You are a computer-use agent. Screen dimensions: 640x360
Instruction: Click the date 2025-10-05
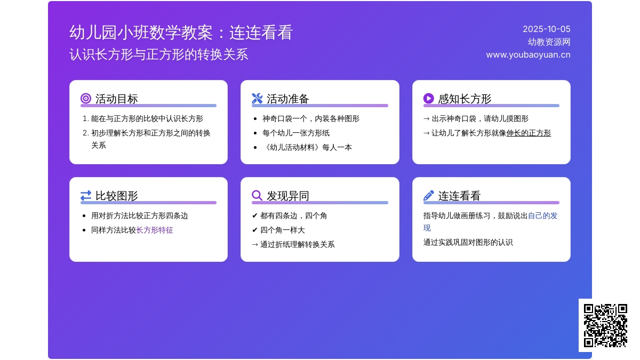pos(546,29)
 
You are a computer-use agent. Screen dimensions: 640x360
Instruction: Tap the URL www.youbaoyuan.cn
pos(528,55)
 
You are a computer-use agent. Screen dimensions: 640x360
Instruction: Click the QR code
pos(605,325)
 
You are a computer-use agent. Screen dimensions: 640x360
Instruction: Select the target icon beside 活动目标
pos(86,99)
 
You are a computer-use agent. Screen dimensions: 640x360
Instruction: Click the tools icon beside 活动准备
pos(257,99)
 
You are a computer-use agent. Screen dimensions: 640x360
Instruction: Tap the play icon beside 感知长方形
pos(429,99)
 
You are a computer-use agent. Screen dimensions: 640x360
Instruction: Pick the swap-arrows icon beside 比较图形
pos(86,196)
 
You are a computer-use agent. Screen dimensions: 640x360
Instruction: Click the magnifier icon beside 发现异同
pos(257,196)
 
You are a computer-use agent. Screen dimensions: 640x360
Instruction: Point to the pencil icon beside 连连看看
pos(429,196)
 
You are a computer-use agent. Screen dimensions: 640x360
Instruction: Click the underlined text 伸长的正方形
pos(529,133)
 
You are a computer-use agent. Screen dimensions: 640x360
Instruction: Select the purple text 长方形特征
pos(155,230)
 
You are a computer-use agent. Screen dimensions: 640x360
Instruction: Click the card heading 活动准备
pos(287,99)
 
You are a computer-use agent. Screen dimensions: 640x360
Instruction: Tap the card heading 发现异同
pos(287,196)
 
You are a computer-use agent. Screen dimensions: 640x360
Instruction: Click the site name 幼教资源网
pos(549,42)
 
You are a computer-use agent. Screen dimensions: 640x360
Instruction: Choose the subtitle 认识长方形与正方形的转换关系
pos(159,54)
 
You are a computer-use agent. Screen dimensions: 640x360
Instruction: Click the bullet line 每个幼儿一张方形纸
pos(296,133)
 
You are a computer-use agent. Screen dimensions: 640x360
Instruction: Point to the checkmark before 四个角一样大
pos(255,230)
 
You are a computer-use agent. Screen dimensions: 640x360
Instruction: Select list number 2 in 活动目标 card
pos(86,133)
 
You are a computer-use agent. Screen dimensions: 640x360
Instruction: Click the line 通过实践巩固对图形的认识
pos(468,243)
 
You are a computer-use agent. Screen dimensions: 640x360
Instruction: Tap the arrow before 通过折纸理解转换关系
pos(255,245)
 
